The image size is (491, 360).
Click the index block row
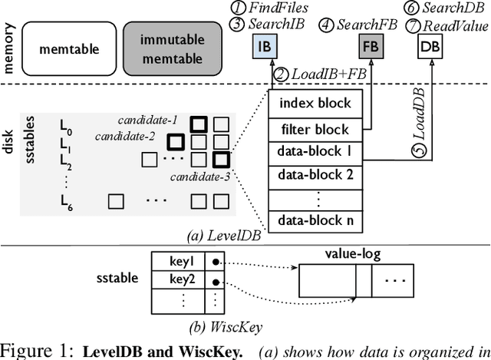pyautogui.click(x=316, y=104)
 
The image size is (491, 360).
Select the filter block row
pyautogui.click(x=316, y=129)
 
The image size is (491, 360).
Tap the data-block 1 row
pyautogui.click(x=316, y=152)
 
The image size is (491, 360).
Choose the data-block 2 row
pyautogui.click(x=316, y=175)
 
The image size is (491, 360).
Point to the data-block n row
pyautogui.click(x=316, y=220)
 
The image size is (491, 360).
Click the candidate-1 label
pyautogui.click(x=147, y=120)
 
